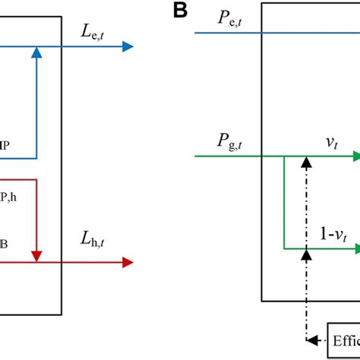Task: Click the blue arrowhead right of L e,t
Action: [127, 46]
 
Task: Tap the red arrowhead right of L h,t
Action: [127, 262]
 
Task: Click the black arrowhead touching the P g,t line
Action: [306, 162]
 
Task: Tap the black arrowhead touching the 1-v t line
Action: [306, 254]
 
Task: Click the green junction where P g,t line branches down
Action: [283, 156]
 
